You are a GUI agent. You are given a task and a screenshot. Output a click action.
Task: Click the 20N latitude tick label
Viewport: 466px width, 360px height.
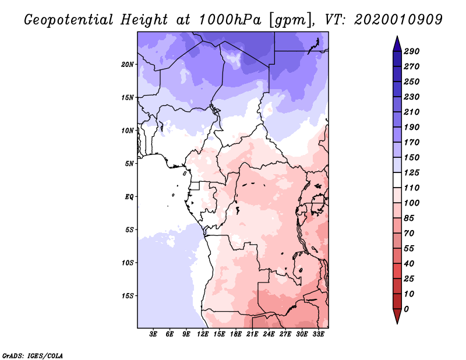[128, 64]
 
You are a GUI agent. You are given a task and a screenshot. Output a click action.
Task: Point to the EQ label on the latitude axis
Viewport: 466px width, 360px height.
[129, 196]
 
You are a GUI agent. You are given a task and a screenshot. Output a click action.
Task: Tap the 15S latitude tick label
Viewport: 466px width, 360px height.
[128, 295]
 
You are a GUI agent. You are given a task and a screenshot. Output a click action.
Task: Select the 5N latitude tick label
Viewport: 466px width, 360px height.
[129, 163]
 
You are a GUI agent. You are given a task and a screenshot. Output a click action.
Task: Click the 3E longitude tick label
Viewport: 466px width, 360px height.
[154, 334]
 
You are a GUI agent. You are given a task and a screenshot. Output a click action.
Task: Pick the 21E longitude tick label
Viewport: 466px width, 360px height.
[252, 334]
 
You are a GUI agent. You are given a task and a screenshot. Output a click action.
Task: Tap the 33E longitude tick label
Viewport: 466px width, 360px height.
[318, 334]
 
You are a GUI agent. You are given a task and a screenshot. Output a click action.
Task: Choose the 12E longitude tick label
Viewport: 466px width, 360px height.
[203, 334]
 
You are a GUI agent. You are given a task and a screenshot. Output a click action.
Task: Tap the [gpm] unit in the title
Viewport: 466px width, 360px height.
[291, 20]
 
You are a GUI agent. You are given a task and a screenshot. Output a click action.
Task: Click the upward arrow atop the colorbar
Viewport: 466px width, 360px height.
[396, 43]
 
